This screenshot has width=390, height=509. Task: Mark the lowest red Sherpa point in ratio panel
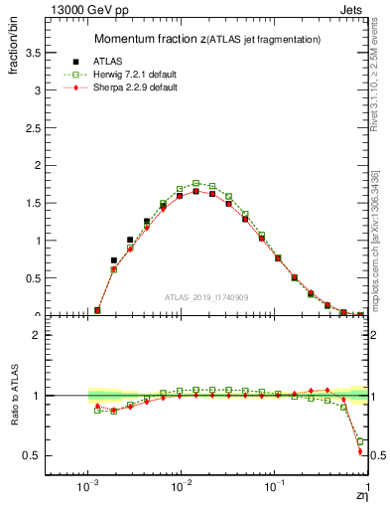(360, 451)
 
